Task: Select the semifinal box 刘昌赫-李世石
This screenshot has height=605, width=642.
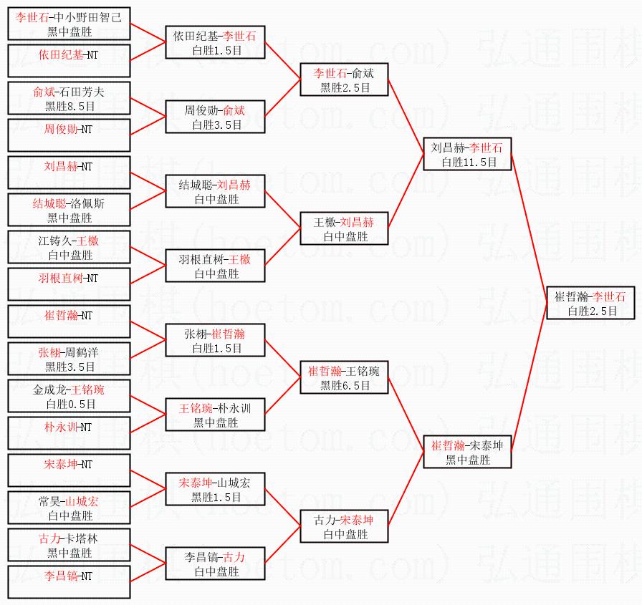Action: coord(467,154)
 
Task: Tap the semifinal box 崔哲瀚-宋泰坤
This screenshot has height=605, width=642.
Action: coord(467,452)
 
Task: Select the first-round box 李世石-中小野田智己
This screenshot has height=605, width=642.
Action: coord(70,24)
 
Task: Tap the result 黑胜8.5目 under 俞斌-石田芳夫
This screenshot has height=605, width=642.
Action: coord(70,106)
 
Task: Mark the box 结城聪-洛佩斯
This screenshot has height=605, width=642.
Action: coord(70,210)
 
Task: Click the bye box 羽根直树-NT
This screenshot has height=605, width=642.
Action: coord(70,284)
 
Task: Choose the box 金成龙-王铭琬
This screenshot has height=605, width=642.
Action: coord(70,396)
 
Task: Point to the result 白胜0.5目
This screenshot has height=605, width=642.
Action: coord(70,404)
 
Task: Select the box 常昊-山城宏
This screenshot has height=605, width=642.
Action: coord(70,508)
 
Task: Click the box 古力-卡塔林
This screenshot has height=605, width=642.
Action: coord(70,545)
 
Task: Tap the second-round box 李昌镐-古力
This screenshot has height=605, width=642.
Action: coord(215,563)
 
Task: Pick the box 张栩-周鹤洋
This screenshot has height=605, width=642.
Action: coord(70,359)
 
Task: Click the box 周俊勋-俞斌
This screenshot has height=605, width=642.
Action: coord(215,117)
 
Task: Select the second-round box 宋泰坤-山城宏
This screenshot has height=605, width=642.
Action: coord(215,489)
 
